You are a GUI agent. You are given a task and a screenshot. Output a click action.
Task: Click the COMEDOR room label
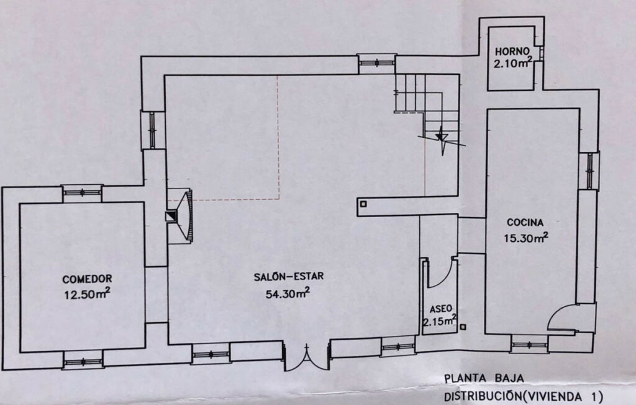click(87, 279)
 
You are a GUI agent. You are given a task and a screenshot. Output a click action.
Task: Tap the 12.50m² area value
click(87, 294)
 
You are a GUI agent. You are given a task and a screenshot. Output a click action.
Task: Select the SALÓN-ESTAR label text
click(289, 277)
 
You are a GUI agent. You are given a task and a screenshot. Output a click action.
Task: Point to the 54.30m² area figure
click(288, 292)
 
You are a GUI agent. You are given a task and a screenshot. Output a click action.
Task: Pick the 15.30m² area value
click(526, 237)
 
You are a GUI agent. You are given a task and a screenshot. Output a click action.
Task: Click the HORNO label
click(512, 52)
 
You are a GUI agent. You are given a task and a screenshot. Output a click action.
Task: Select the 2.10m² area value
click(513, 63)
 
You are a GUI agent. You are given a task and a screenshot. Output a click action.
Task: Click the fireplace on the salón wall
click(179, 216)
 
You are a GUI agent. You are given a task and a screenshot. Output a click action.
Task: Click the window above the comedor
click(83, 193)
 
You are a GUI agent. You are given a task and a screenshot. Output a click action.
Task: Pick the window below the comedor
click(83, 361)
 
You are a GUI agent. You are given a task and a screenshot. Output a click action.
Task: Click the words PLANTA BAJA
click(484, 378)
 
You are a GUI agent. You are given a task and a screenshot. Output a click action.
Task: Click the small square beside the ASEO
click(463, 327)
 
